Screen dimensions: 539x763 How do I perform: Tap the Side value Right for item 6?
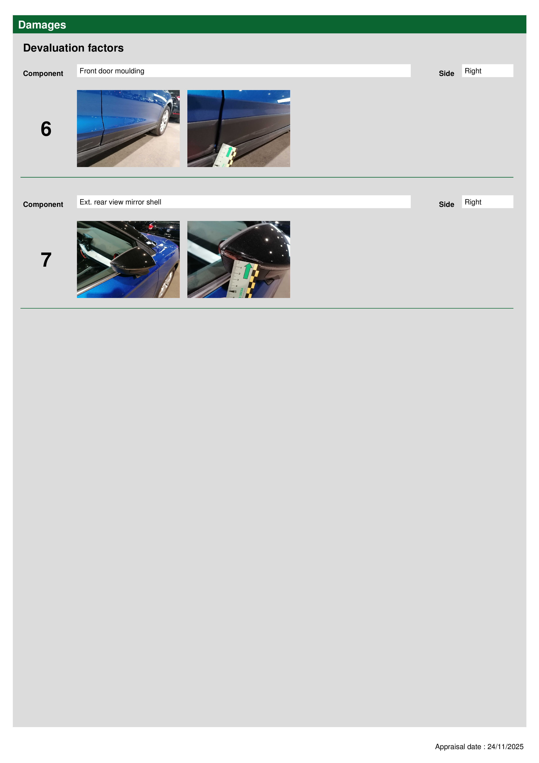[487, 71]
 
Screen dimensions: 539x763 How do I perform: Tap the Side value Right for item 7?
[487, 202]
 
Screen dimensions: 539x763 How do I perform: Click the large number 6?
[46, 129]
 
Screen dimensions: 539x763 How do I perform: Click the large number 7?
[46, 260]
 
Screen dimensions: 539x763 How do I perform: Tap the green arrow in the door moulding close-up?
[228, 152]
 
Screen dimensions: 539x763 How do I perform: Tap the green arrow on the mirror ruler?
[247, 271]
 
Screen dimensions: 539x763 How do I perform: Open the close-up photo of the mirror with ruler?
[238, 259]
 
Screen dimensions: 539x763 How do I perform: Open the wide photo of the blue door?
[128, 128]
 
